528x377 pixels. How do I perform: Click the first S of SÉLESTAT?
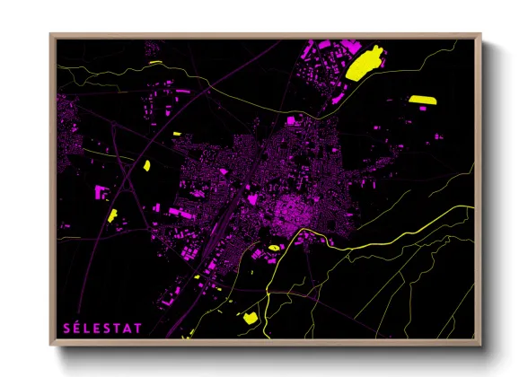(66, 328)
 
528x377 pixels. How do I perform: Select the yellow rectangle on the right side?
(420, 99)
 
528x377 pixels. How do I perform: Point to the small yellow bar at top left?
(155, 62)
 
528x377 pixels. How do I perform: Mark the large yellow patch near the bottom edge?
(249, 317)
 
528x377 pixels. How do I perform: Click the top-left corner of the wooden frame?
(51, 35)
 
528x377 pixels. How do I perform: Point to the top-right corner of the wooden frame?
(480, 35)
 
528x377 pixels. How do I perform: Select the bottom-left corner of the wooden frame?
(51, 344)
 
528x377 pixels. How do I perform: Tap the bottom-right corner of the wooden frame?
(480, 344)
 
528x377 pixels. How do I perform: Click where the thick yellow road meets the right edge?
(473, 208)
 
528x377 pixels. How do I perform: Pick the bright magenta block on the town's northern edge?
(291, 119)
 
